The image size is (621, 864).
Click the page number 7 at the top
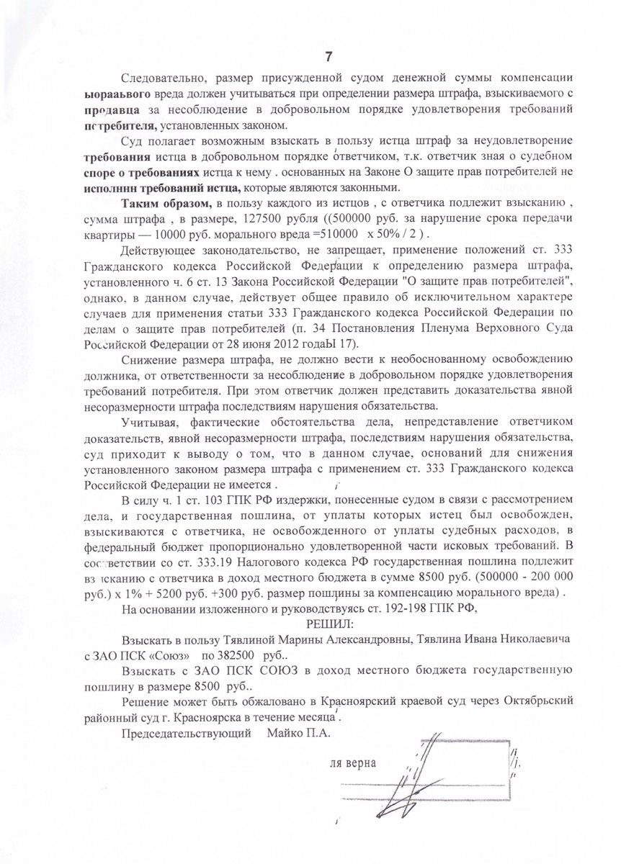[x=329, y=57]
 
